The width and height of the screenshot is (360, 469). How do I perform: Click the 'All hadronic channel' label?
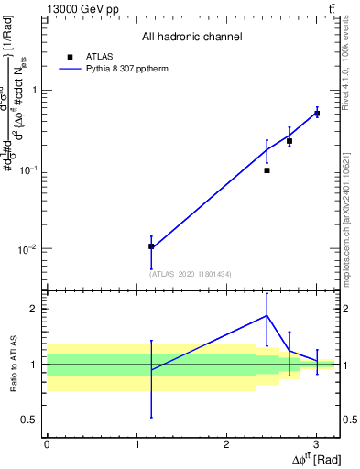point(191,37)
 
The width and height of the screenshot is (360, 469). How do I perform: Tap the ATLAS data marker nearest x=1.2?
point(151,246)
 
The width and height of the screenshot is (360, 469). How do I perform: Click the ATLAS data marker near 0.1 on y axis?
point(267,170)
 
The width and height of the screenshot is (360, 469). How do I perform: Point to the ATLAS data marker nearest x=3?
point(317,114)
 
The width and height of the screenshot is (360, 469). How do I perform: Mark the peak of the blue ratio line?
point(267,315)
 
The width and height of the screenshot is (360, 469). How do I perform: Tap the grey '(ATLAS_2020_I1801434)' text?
point(191,274)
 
